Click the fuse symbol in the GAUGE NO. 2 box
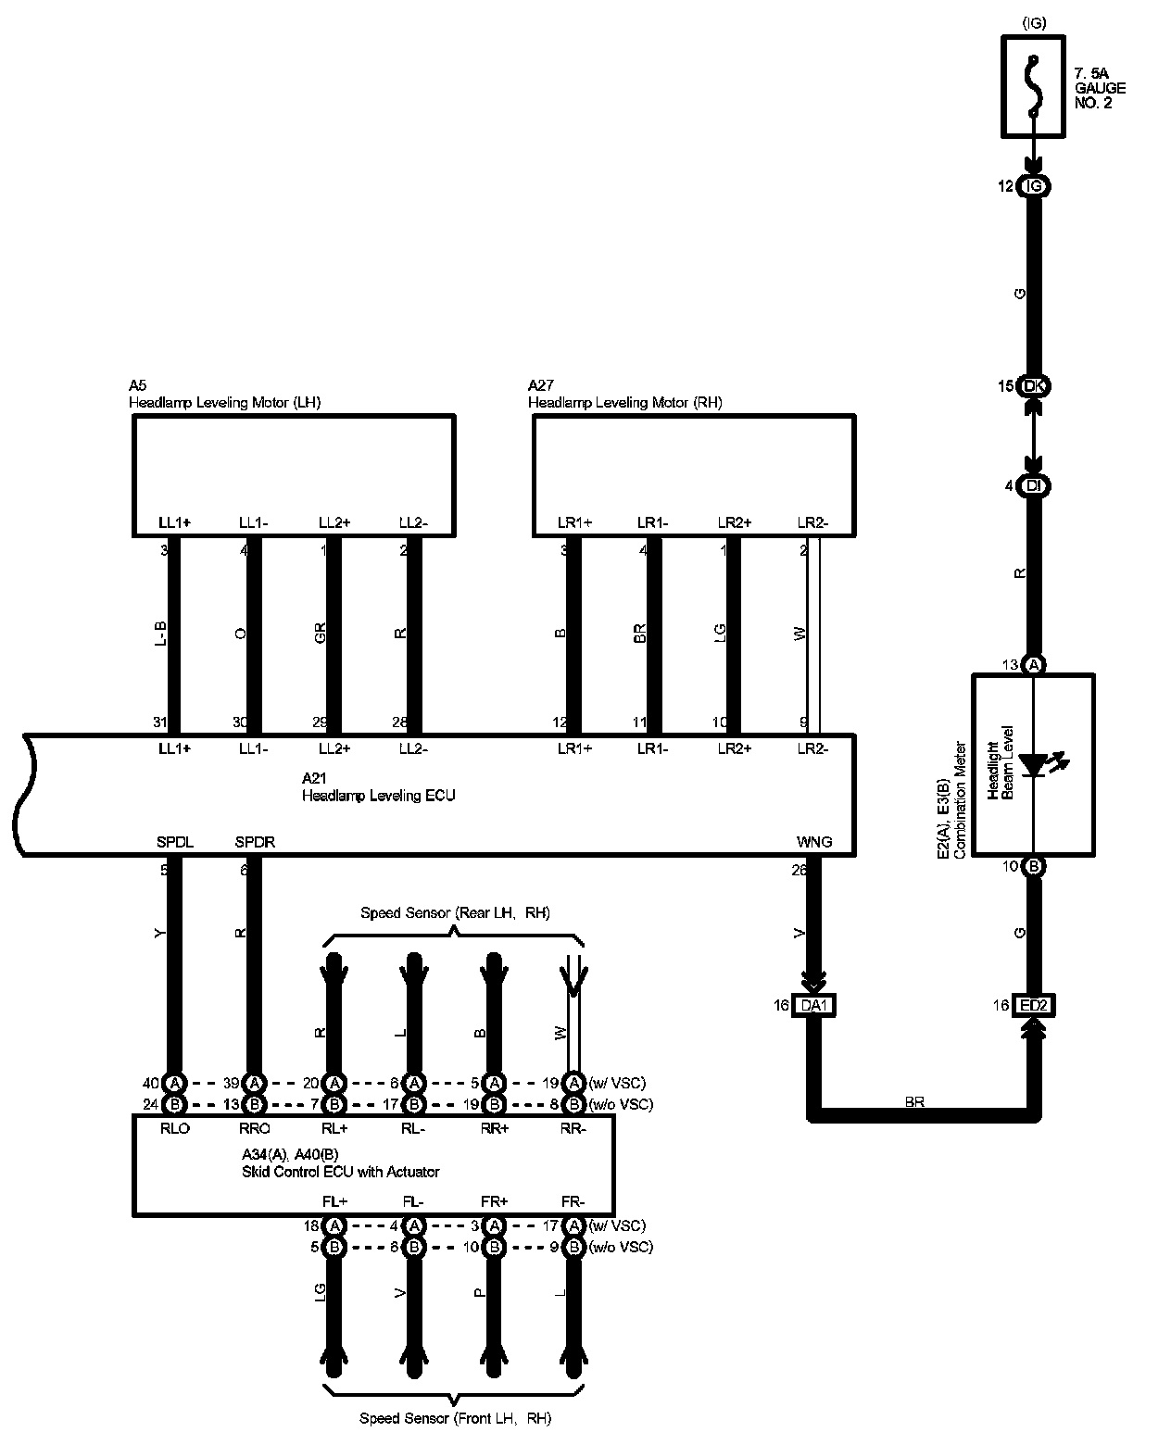pyautogui.click(x=1034, y=85)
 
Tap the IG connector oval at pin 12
pyautogui.click(x=1034, y=186)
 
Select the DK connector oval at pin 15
pyautogui.click(x=1034, y=386)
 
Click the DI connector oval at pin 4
pyautogui.click(x=1034, y=485)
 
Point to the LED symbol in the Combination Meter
pyautogui.click(x=1035, y=765)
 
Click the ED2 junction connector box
pyautogui.click(x=1034, y=1005)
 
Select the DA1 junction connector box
pyautogui.click(x=814, y=1005)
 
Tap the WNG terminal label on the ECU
pyautogui.click(x=814, y=842)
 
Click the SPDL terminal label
pyautogui.click(x=175, y=842)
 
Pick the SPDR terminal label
pyautogui.click(x=255, y=842)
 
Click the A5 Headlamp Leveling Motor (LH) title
pyautogui.click(x=224, y=395)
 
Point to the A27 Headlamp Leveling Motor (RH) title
pyautogui.click(x=624, y=395)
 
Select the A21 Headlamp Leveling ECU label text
pyautogui.click(x=378, y=787)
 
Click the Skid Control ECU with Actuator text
pyautogui.click(x=340, y=1172)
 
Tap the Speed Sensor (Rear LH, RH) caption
pyautogui.click(x=455, y=913)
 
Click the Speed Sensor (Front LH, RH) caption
pyautogui.click(x=455, y=1418)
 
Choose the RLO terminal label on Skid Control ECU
pyautogui.click(x=174, y=1129)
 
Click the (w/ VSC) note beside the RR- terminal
pyautogui.click(x=617, y=1083)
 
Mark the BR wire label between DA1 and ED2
pyautogui.click(x=914, y=1102)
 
